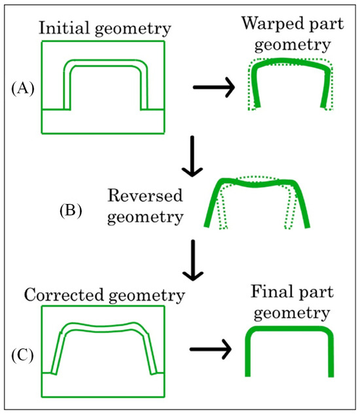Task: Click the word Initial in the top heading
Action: (63, 28)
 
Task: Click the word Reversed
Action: (151, 196)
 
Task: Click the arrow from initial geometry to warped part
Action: (214, 90)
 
